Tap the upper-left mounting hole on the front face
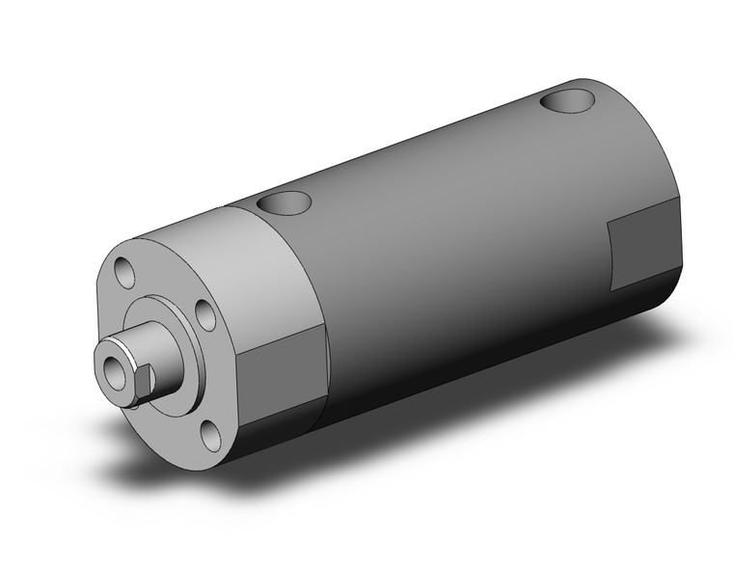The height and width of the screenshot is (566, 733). click(x=124, y=270)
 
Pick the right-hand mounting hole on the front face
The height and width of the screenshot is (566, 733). click(x=205, y=314)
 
